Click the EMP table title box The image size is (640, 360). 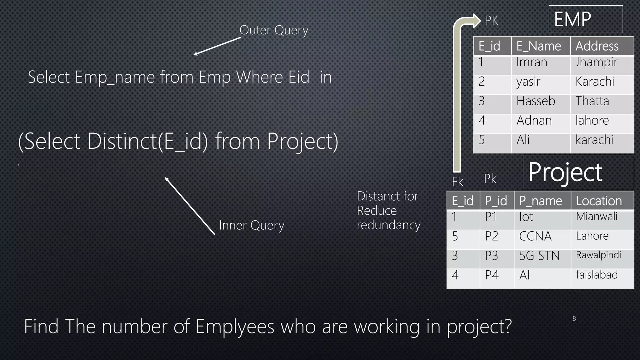coord(586,19)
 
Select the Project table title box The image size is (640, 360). coord(578,172)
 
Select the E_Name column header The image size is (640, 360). coord(540,46)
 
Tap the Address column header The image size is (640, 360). coord(602,46)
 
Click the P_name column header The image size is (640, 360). coord(542,201)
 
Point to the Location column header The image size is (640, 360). coord(602,201)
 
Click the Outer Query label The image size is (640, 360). coord(274,30)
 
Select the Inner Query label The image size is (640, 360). coord(252,225)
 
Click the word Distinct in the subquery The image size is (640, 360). coord(122,142)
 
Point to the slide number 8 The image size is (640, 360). coord(574,319)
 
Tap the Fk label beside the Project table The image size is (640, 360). coord(457,182)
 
